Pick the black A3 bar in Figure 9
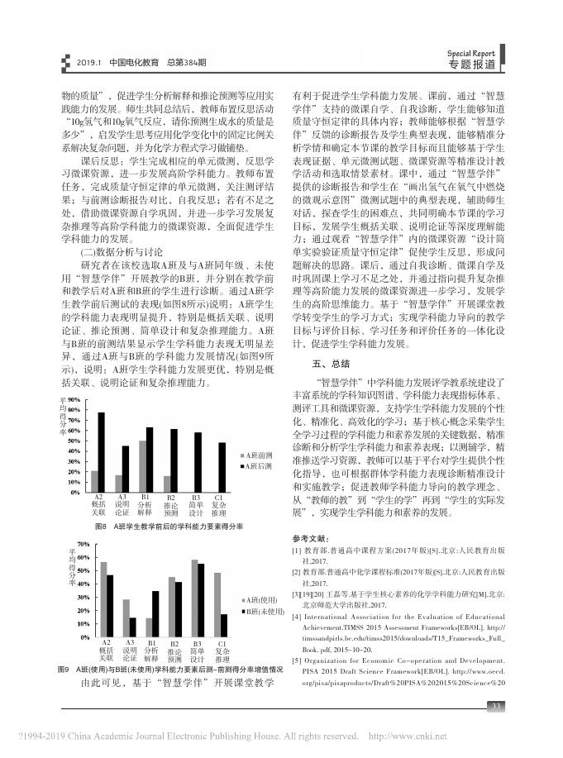[x=132, y=624]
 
